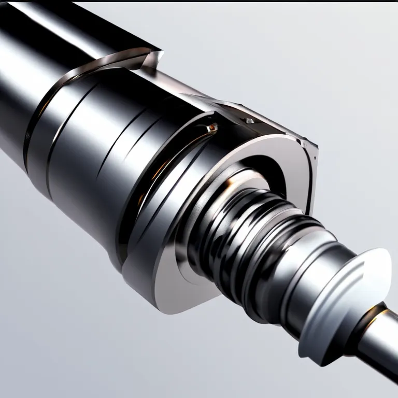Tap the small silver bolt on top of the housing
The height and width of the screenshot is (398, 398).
250,121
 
